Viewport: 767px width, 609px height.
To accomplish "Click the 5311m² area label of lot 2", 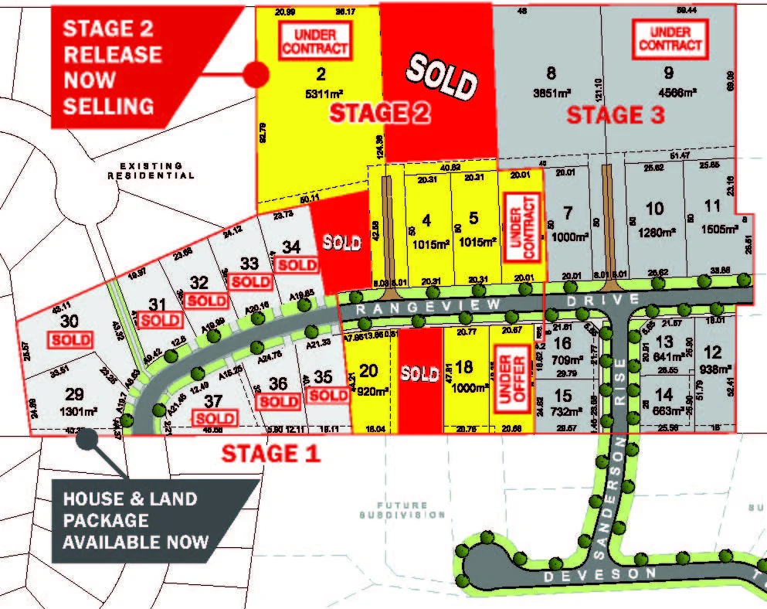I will tap(318, 97).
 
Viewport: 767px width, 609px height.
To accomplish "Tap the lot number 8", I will tap(551, 74).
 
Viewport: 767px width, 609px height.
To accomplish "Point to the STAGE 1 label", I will tap(270, 453).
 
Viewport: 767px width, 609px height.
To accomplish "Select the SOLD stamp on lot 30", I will tap(70, 339).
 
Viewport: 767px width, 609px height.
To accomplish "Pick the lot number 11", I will tap(712, 208).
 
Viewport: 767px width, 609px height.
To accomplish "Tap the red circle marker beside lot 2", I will tap(256, 74).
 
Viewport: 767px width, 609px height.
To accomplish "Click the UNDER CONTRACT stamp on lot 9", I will tap(670, 39).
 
